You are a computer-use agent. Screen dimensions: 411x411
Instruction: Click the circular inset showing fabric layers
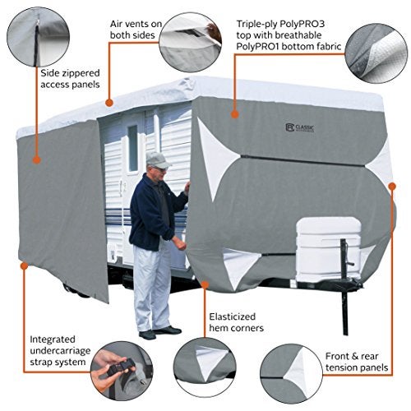[378, 50]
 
